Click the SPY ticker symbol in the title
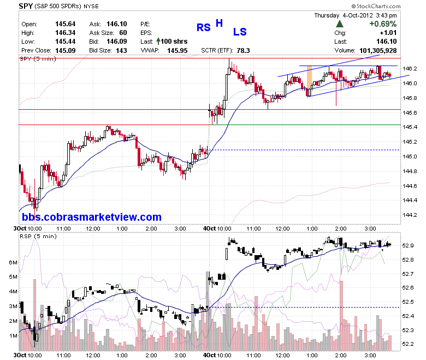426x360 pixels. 26,5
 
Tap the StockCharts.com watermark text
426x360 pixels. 376,6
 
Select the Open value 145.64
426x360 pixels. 65,24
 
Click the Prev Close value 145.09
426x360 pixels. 65,51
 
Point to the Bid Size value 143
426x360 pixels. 121,51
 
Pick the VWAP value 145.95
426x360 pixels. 177,51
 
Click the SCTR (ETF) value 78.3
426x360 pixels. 243,51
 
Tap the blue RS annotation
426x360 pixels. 204,27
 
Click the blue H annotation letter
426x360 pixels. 219,23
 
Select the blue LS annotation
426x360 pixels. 240,32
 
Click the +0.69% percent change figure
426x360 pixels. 383,24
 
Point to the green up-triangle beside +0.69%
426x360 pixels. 340,24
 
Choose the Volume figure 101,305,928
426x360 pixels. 378,51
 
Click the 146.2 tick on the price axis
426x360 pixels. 410,68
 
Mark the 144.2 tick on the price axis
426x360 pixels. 410,215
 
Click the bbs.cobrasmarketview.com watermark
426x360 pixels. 92,217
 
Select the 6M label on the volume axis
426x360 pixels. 13,262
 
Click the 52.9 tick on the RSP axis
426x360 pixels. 408,246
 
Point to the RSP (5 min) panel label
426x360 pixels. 38,237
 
